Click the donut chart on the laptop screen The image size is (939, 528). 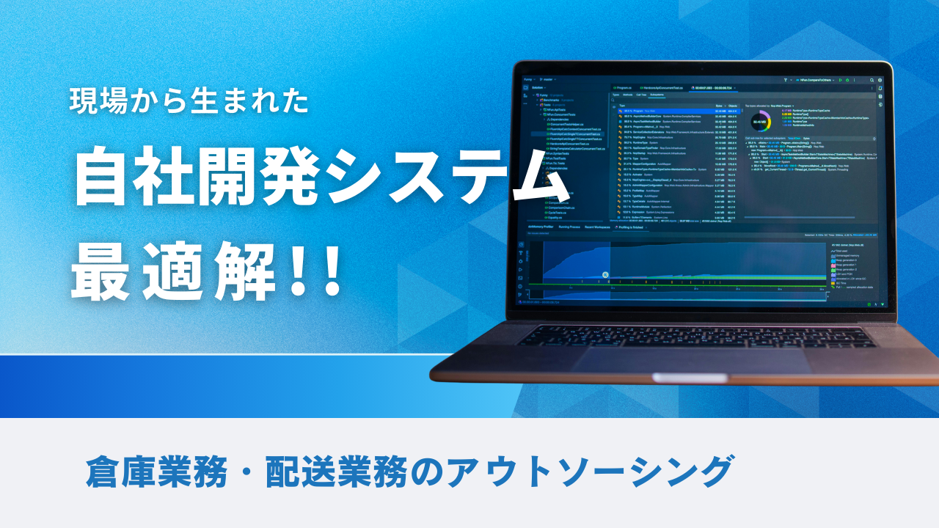pos(761,121)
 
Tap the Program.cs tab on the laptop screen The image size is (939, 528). pos(629,87)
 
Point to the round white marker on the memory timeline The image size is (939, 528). pos(605,276)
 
